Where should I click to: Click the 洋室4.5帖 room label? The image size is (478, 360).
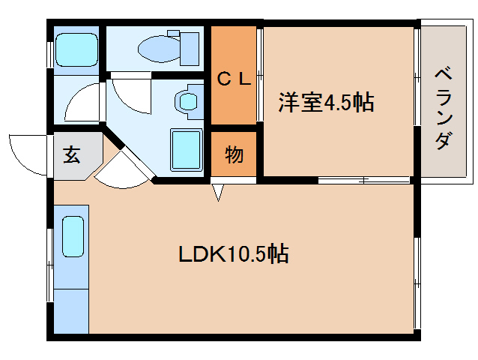[327, 103]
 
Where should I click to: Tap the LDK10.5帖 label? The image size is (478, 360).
[234, 254]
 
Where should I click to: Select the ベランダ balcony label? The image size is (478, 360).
[444, 108]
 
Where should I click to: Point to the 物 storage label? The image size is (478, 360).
[234, 156]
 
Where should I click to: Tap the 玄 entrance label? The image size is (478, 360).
[72, 155]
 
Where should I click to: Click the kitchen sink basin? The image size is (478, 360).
[72, 237]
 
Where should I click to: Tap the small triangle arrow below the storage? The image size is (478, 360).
[218, 193]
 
